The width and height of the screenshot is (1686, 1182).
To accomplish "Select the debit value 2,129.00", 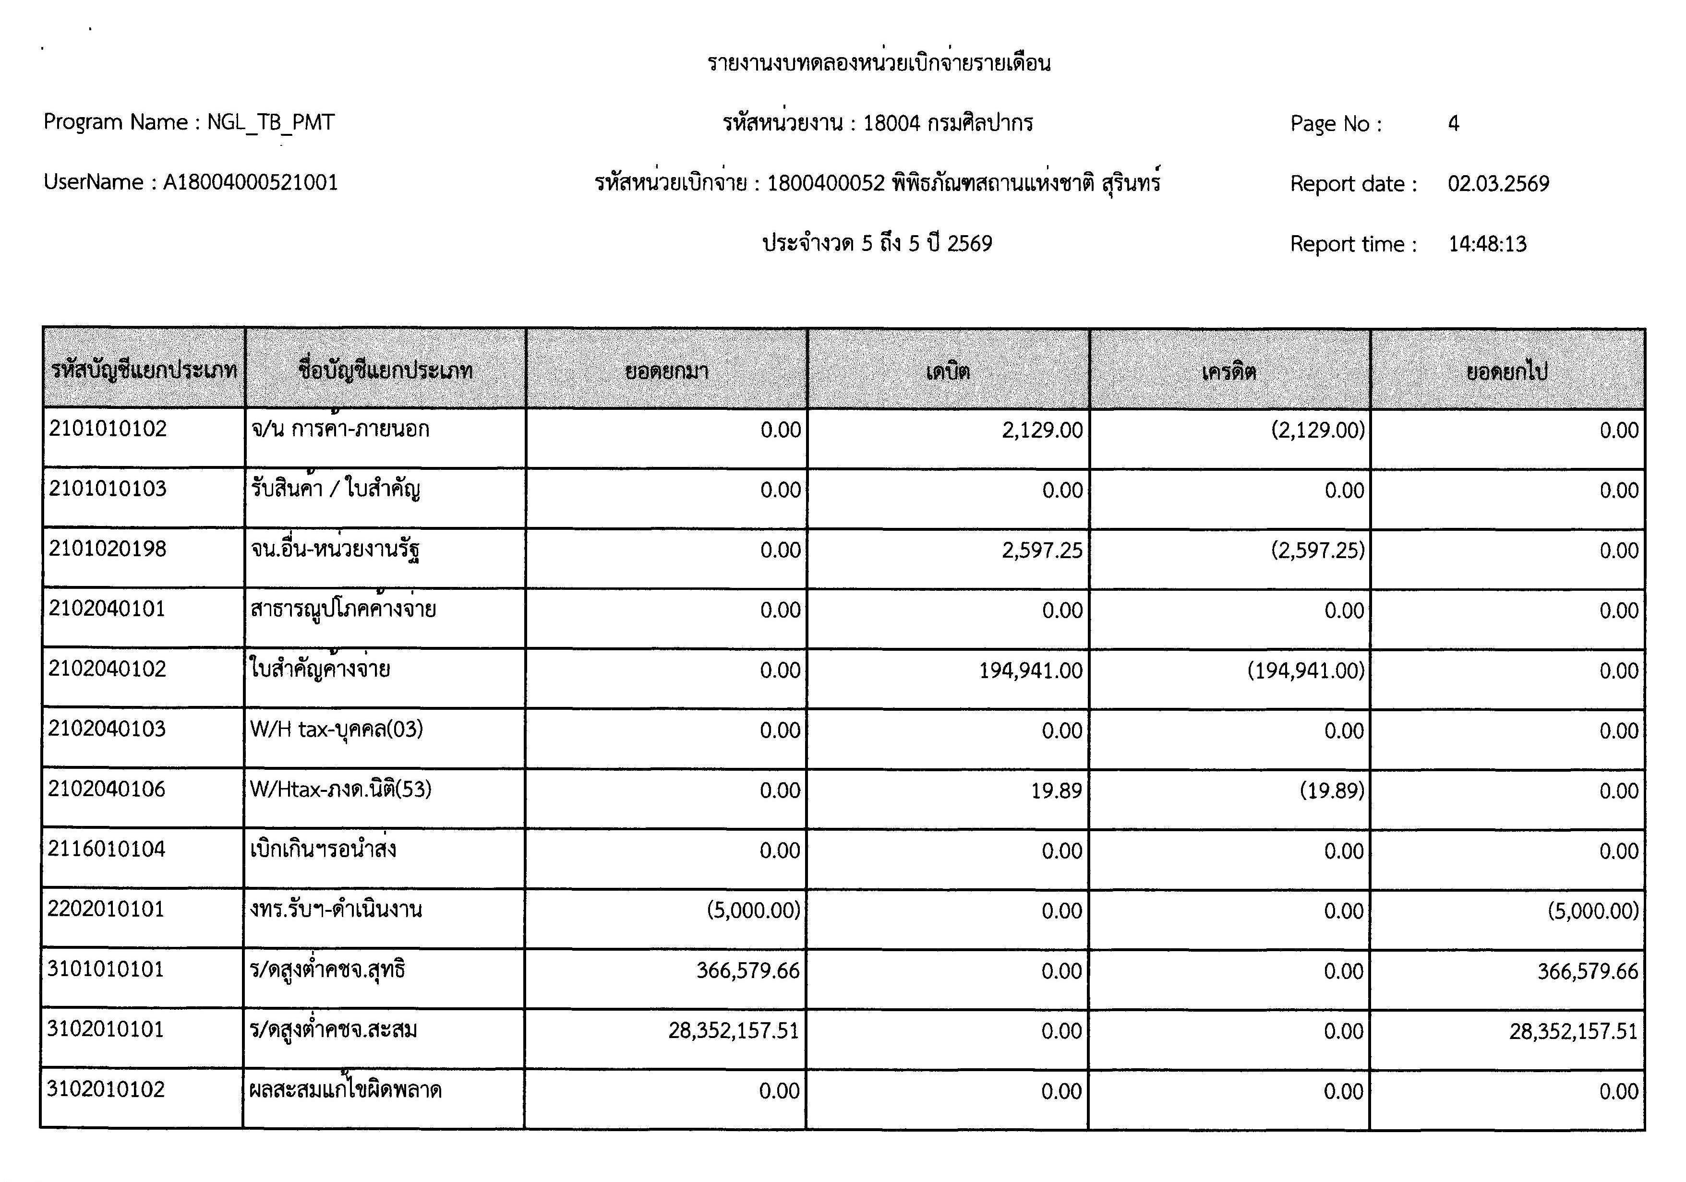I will click(1042, 430).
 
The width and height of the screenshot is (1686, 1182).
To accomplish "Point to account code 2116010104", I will click(107, 849).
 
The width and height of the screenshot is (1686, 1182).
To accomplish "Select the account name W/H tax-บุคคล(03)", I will click(337, 730).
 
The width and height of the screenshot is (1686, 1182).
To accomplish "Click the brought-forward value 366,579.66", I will click(747, 971).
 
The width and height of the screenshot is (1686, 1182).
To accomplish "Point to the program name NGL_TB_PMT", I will click(270, 122).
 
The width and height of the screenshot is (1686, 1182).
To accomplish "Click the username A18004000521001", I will click(251, 182).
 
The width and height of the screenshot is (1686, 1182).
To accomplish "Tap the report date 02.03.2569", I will click(1498, 183).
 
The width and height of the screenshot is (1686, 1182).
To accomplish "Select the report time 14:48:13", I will click(1487, 244).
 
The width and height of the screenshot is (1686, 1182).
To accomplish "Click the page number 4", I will click(1453, 123).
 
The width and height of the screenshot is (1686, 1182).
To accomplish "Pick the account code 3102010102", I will click(106, 1089).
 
